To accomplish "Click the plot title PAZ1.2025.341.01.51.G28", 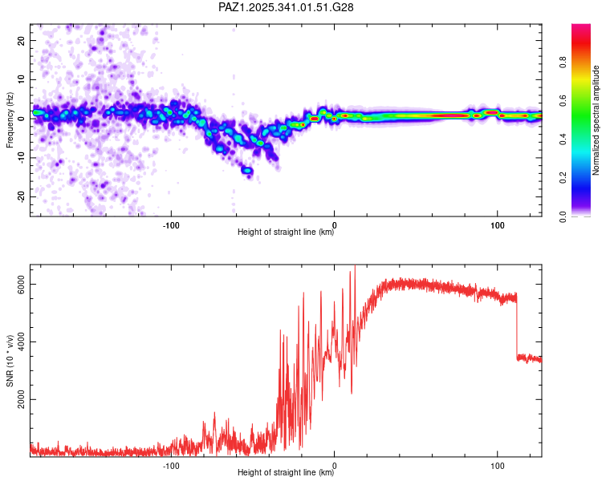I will tap(287, 7).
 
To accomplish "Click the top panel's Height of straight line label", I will tap(286, 233).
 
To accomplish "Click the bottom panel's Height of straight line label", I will tap(286, 473).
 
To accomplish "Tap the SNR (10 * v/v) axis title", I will tap(10, 361).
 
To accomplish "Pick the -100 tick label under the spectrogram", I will tap(171, 225).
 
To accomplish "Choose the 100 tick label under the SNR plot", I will tap(497, 466).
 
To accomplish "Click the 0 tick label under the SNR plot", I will tap(334, 466).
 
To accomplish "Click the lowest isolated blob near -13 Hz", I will tap(247, 171).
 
